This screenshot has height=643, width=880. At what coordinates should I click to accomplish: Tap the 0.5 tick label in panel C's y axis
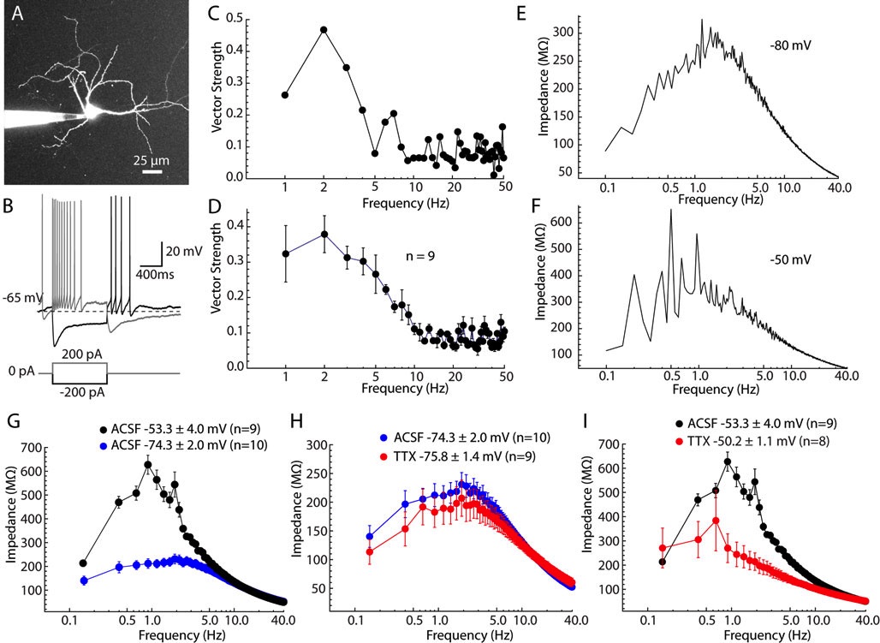[x=232, y=15]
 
